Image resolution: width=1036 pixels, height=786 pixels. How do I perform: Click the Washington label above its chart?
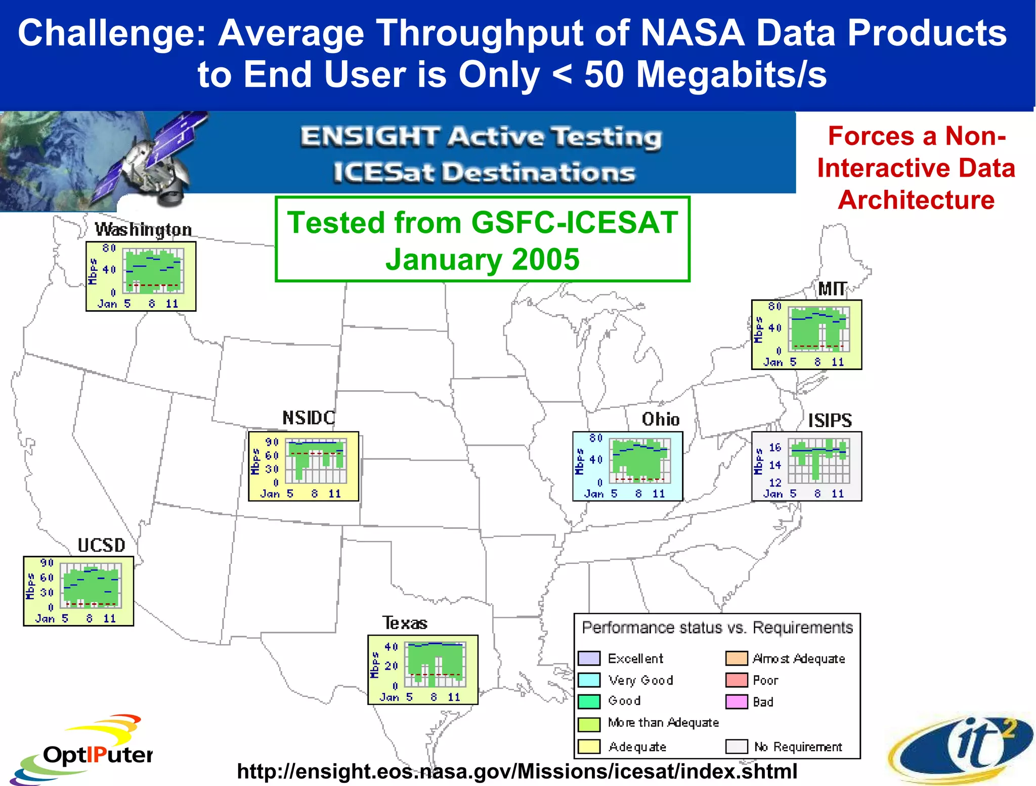(143, 230)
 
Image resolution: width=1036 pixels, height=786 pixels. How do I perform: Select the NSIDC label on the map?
(309, 418)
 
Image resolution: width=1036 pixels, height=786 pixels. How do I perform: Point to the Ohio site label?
(660, 420)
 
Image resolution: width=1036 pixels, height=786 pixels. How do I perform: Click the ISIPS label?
(830, 421)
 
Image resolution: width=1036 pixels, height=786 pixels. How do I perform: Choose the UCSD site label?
(101, 546)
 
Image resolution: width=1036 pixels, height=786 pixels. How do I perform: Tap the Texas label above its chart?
(405, 623)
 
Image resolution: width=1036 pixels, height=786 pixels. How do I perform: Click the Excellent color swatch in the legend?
(589, 658)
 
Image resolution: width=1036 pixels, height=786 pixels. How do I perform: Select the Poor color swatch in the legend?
(737, 680)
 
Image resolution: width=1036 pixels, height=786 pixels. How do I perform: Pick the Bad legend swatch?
(737, 702)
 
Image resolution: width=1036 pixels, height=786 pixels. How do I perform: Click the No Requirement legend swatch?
(737, 747)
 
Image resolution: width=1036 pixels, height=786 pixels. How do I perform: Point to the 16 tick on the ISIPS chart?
(775, 447)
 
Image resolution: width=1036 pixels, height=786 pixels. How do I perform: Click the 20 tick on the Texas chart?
(391, 666)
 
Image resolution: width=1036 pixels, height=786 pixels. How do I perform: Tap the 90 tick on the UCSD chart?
(47, 563)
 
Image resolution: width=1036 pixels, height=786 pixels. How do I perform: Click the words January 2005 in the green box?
(482, 260)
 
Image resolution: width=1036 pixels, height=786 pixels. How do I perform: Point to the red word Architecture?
(916, 200)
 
